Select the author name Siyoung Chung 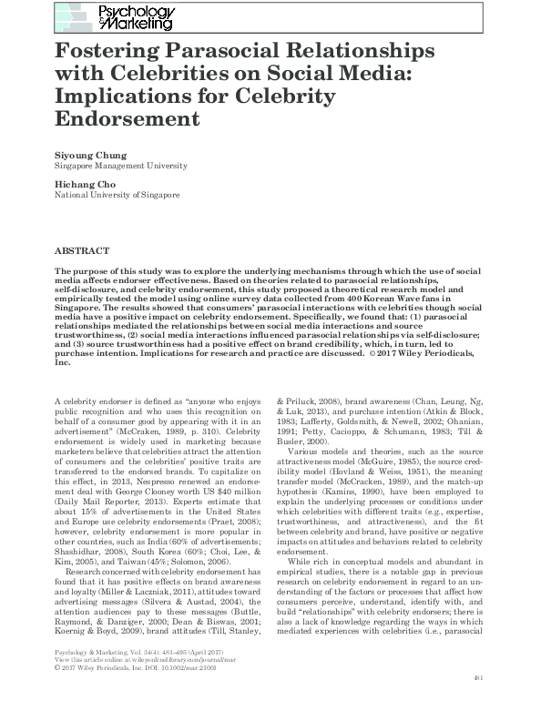[x=88, y=156]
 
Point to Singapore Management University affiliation [x=121, y=167]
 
